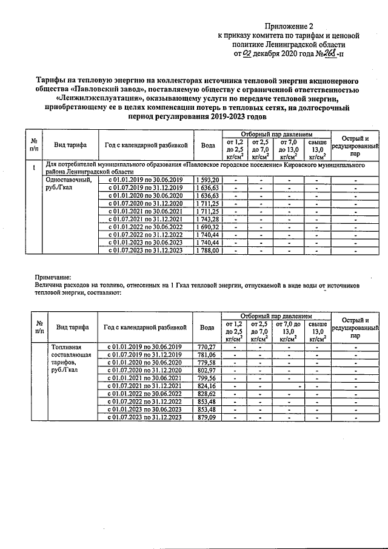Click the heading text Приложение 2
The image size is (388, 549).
click(x=290, y=26)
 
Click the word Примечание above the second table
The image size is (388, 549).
click(x=53, y=276)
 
